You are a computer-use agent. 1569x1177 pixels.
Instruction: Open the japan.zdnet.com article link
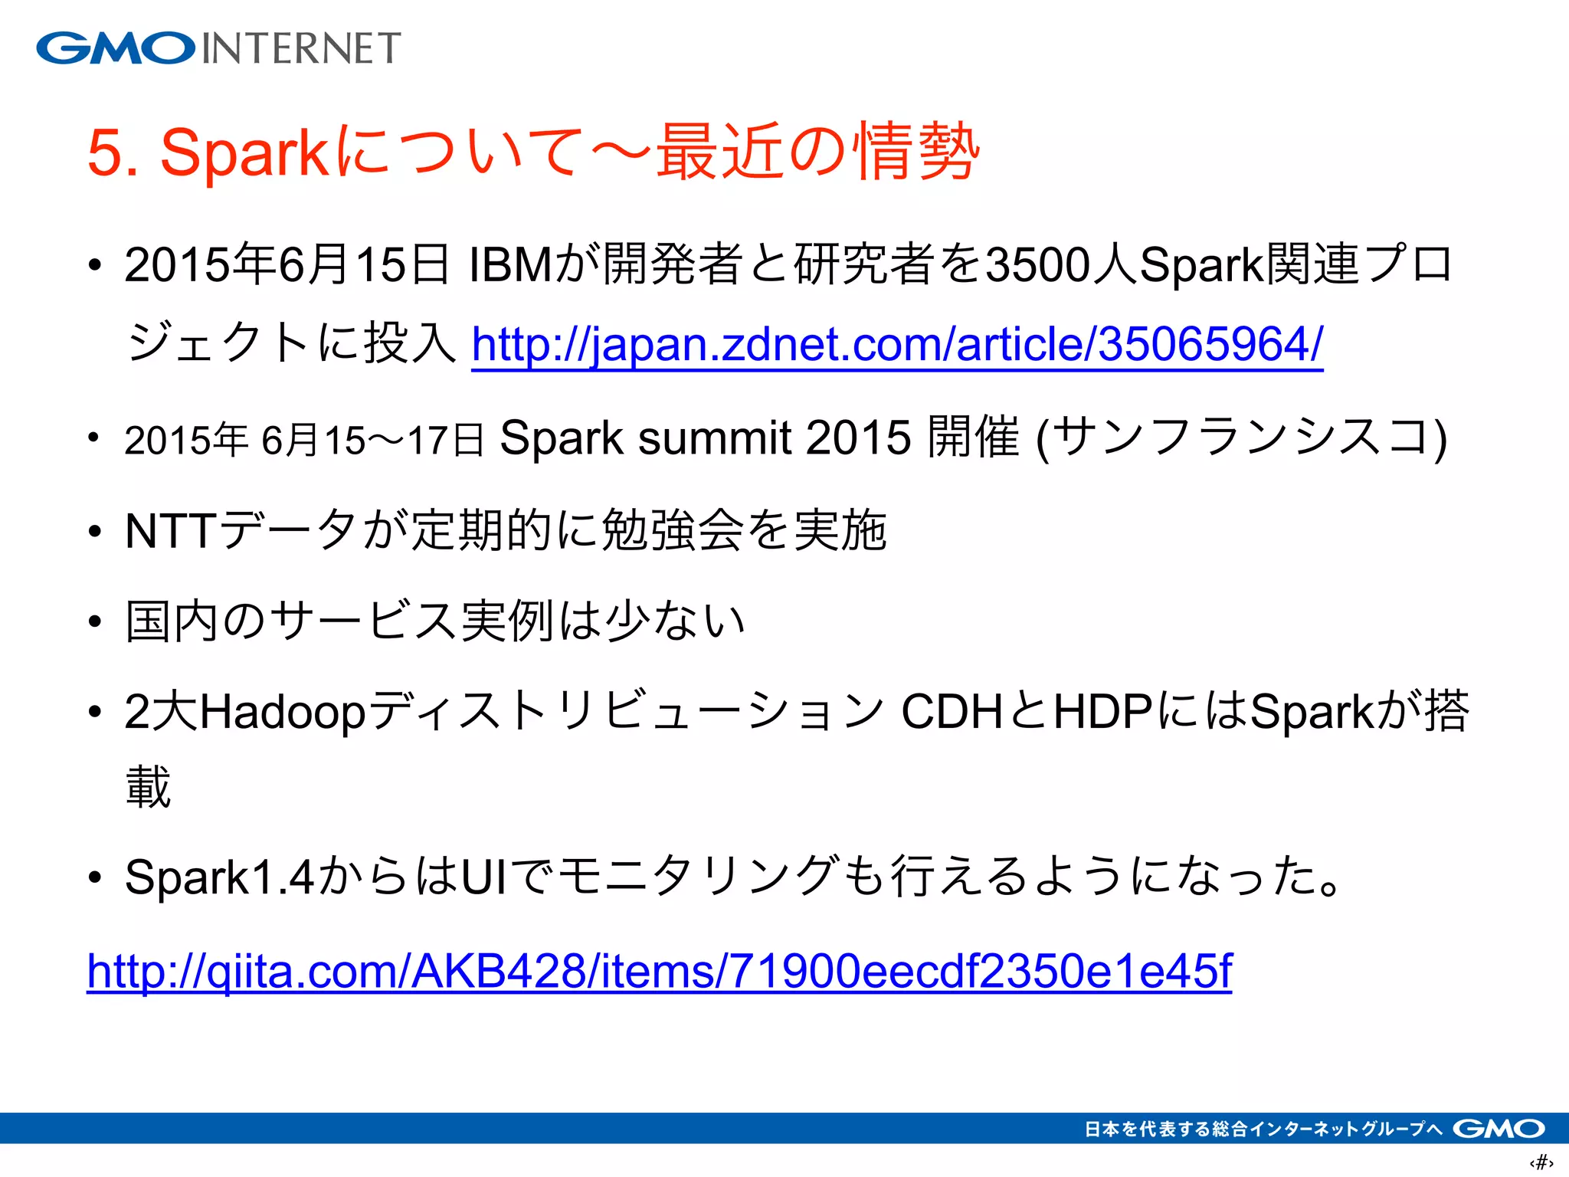[x=897, y=344]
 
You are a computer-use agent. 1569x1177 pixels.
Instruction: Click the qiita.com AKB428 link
[x=659, y=971]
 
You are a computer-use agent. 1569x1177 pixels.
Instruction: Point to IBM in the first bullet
[x=510, y=265]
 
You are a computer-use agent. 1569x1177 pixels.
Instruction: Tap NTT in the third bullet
[x=171, y=530]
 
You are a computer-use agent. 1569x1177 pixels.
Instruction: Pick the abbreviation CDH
[x=951, y=712]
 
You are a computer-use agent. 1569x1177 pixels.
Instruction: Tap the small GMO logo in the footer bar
[x=1499, y=1129]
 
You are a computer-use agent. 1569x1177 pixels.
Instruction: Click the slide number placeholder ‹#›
[x=1541, y=1162]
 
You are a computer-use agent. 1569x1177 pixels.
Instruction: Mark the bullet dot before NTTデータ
[x=94, y=531]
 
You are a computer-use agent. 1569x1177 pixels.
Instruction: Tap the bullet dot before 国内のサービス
[x=94, y=621]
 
